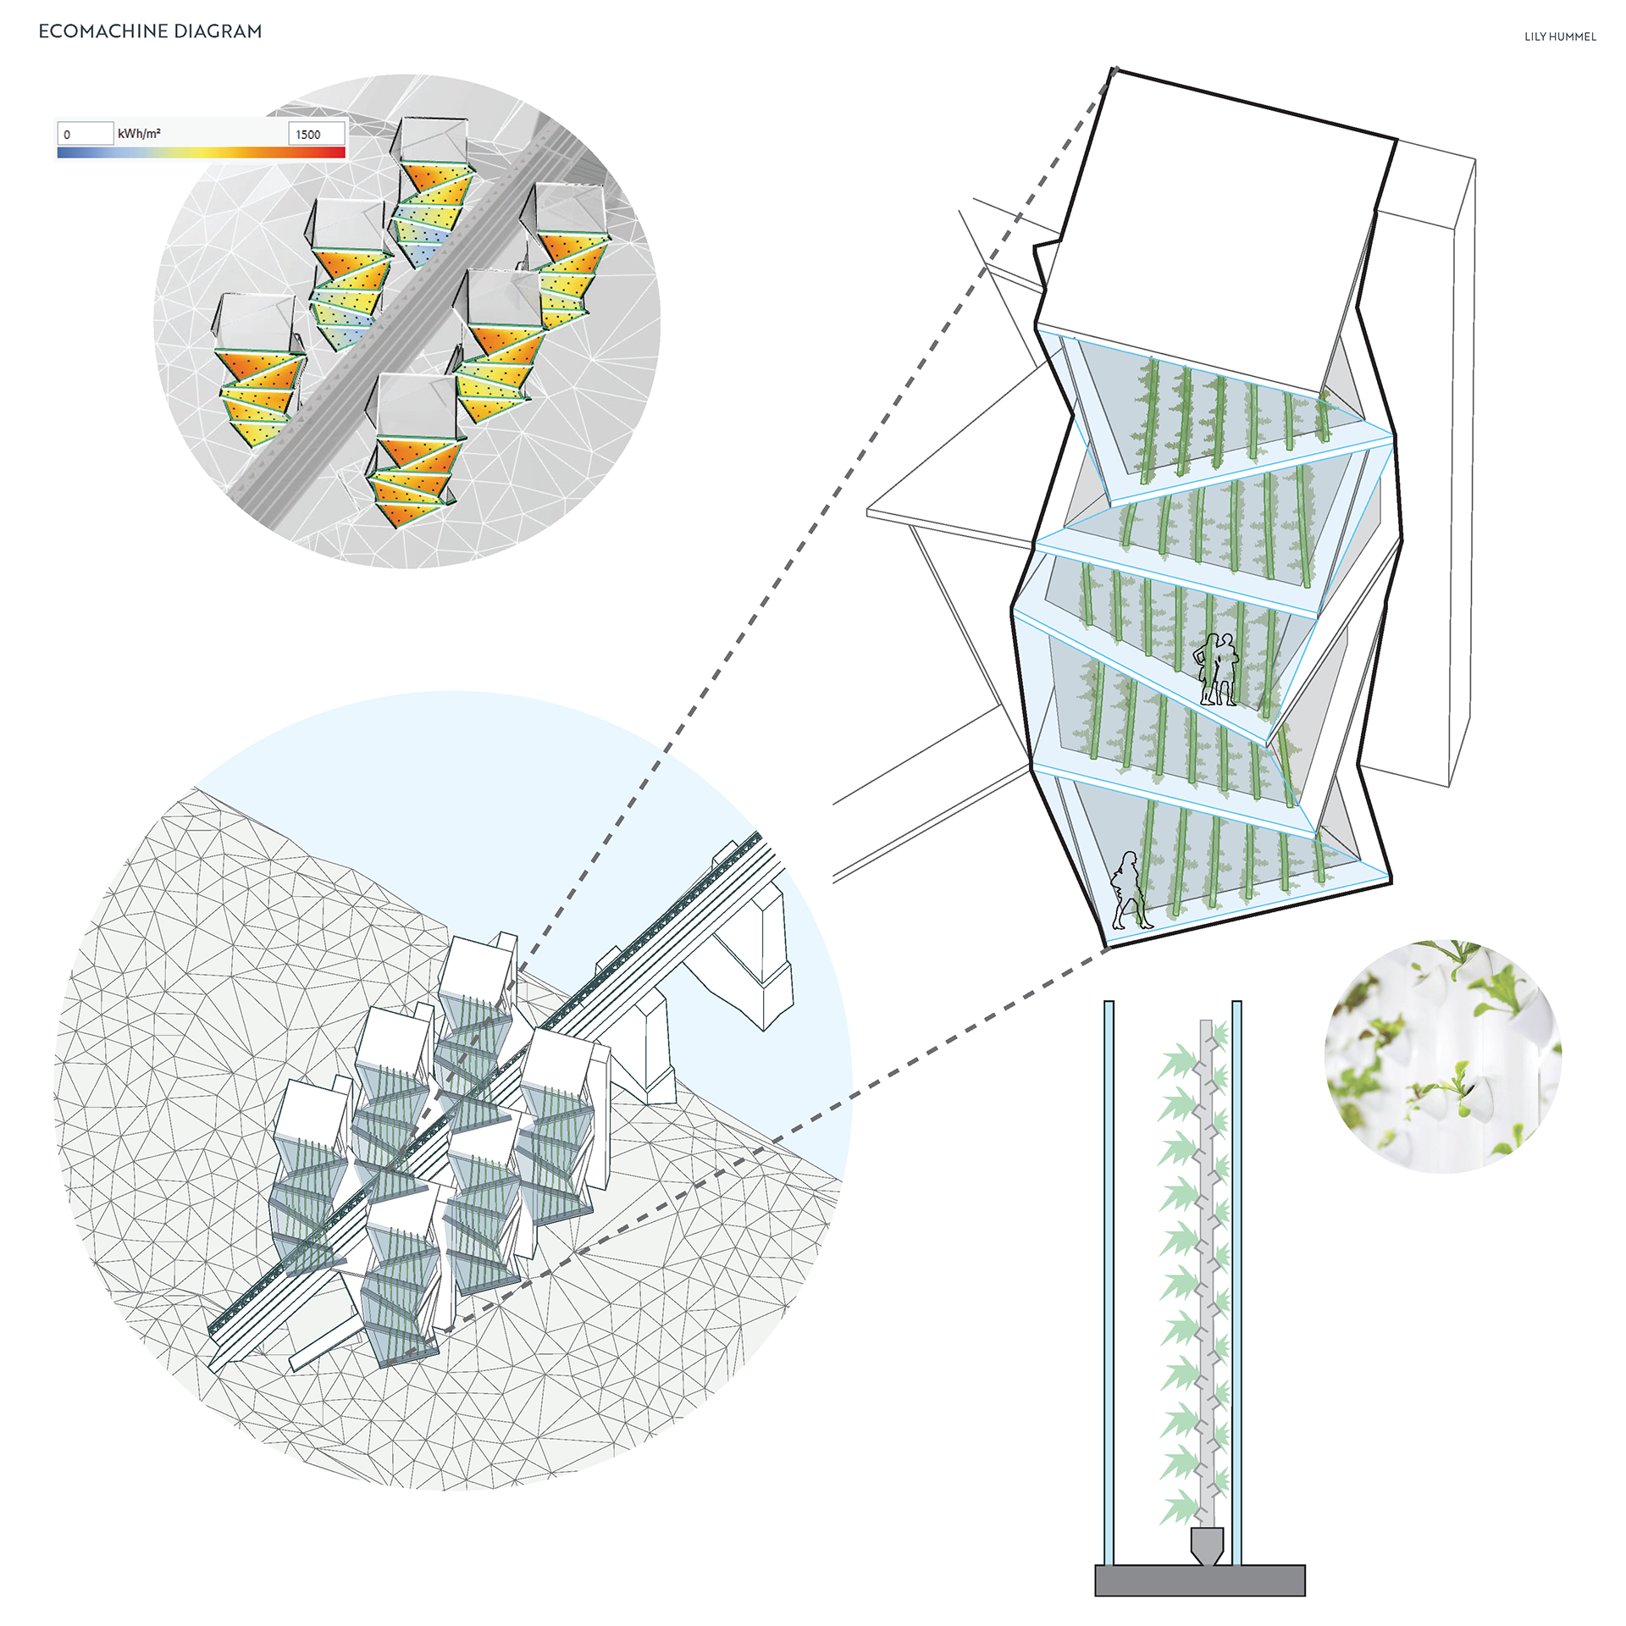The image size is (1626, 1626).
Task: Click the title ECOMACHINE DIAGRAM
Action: click(150, 31)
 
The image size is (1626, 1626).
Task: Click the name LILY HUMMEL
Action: click(1560, 36)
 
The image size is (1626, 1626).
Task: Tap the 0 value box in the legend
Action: click(85, 134)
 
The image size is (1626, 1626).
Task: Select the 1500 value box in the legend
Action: click(316, 134)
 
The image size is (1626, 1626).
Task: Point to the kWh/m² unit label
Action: click(139, 134)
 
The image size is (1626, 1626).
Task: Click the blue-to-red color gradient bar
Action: click(201, 152)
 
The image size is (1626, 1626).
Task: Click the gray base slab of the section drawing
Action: click(1199, 1580)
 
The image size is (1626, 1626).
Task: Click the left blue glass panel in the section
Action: click(1109, 1279)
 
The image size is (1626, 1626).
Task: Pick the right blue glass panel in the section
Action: click(1236, 1279)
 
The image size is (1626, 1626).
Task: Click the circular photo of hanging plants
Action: click(1442, 1056)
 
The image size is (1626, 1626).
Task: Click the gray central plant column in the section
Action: click(1207, 1270)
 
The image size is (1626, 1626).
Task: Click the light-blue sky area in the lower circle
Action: click(508, 762)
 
